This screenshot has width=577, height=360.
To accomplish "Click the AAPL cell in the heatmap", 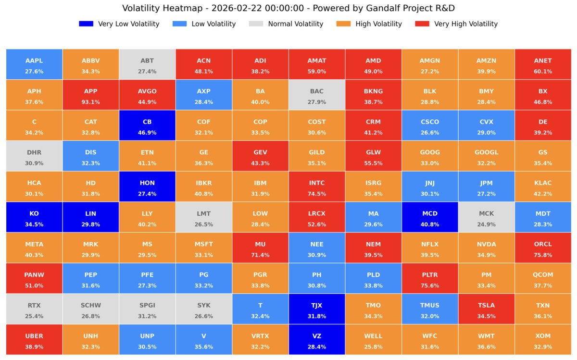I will point(34,64).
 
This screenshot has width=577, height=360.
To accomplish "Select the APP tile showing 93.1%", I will point(91,95).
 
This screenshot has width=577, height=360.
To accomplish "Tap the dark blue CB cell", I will point(147,125).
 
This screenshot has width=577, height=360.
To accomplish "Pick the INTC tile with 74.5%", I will point(317,187).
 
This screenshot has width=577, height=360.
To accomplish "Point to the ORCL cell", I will point(543,248).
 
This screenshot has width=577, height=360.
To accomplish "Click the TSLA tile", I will point(486,309).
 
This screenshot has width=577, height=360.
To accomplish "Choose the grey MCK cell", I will point(486,217).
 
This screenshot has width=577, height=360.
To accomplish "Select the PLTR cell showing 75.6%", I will point(430,279).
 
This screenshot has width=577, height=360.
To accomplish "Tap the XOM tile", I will point(543,340).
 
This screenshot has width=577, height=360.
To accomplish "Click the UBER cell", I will point(34,340).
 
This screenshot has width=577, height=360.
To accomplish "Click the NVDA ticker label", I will point(486,244).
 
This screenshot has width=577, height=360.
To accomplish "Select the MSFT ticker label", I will point(204,244).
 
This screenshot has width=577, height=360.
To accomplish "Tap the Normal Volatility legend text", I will point(295,24).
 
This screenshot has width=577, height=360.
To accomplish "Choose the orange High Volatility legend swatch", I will point(343,24).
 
